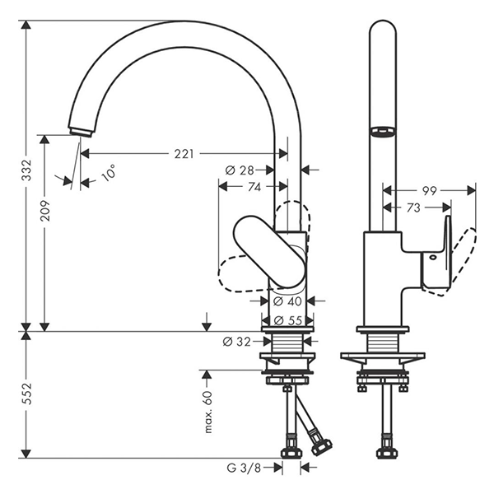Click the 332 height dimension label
[28, 170]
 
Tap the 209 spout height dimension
[45, 210]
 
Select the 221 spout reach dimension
[184, 154]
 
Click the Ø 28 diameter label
[240, 170]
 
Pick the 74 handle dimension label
[254, 187]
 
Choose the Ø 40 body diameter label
[287, 301]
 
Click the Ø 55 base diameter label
[288, 321]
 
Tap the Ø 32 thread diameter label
[236, 341]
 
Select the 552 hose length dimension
[28, 394]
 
